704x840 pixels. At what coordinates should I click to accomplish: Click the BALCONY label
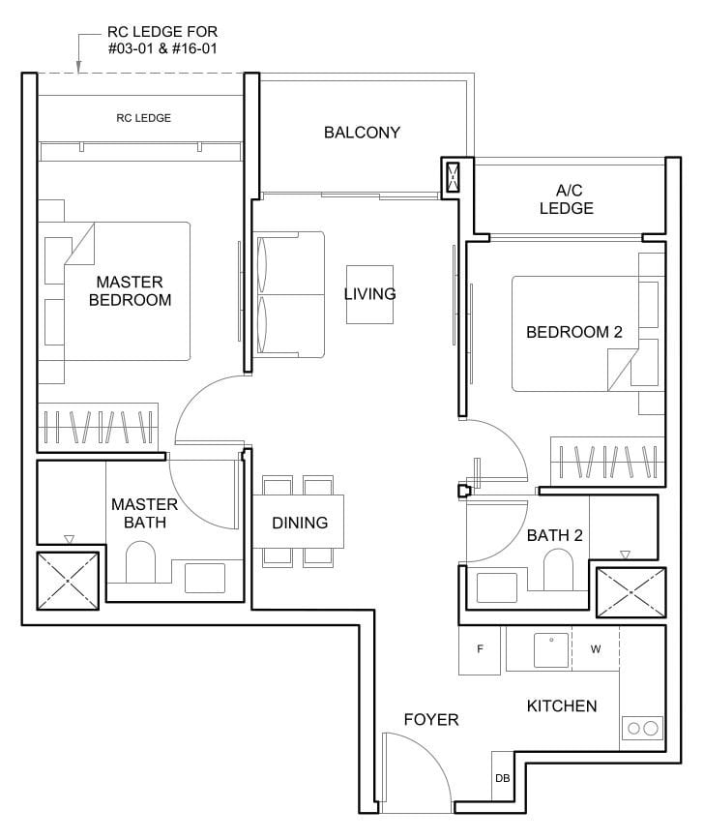pos(362,133)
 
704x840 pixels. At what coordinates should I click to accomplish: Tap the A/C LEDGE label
pos(567,199)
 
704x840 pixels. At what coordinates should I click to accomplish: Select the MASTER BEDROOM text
pos(130,290)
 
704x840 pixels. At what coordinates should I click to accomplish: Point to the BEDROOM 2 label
pos(573,332)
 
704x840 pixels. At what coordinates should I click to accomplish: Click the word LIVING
pos(369,293)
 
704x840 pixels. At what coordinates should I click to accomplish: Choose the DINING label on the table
pos(300,523)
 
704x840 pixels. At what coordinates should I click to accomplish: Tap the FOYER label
pos(430,720)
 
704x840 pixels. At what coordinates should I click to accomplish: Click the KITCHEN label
pos(562,705)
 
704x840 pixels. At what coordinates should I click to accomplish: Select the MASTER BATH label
pos(144,513)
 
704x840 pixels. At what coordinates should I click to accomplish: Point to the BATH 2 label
pos(553,535)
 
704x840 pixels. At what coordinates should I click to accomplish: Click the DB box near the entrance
pos(502,777)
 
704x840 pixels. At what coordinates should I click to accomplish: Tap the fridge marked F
pos(481,649)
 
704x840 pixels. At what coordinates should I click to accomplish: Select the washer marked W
pos(596,649)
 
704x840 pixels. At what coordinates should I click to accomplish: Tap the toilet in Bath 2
pos(558,570)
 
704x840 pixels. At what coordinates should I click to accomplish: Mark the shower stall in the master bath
pos(67,581)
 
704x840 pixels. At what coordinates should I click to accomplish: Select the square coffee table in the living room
pos(369,293)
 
